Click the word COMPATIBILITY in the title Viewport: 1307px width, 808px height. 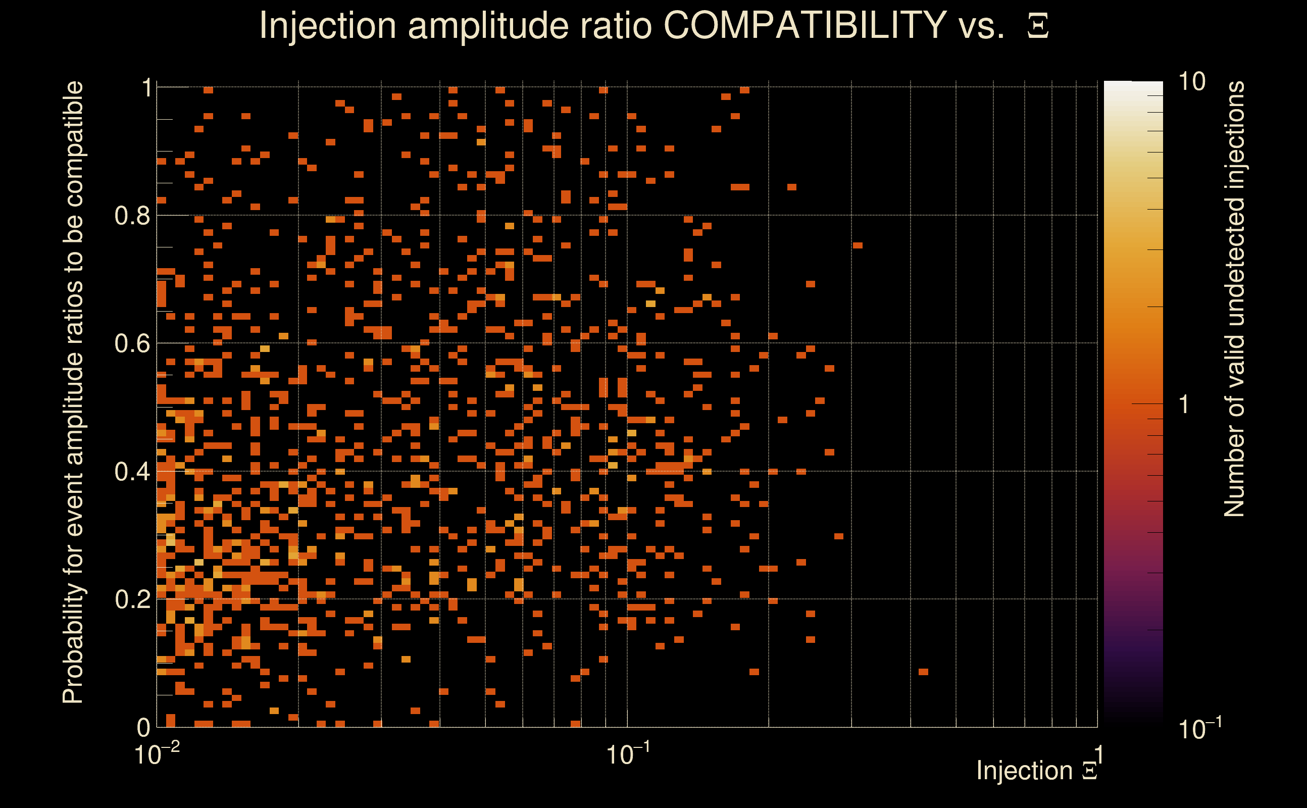click(x=805, y=25)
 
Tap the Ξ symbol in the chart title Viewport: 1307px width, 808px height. click(x=1038, y=26)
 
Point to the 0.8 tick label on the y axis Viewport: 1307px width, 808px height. click(x=132, y=216)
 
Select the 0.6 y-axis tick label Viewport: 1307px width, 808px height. click(x=132, y=343)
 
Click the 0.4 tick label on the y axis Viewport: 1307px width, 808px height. click(x=132, y=472)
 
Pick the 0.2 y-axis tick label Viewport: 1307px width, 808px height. click(x=132, y=599)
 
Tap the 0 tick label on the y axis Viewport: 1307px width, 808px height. click(x=143, y=727)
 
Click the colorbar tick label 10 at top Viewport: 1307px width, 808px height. click(x=1191, y=82)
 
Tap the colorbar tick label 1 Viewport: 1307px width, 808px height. click(x=1185, y=405)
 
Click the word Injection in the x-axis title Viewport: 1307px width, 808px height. click(x=1024, y=771)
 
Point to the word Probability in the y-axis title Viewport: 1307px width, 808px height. click(x=73, y=644)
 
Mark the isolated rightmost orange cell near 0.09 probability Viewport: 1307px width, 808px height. click(x=923, y=672)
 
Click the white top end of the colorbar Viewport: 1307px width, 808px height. click(x=1133, y=85)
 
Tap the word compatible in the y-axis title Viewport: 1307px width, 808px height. click(x=73, y=144)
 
